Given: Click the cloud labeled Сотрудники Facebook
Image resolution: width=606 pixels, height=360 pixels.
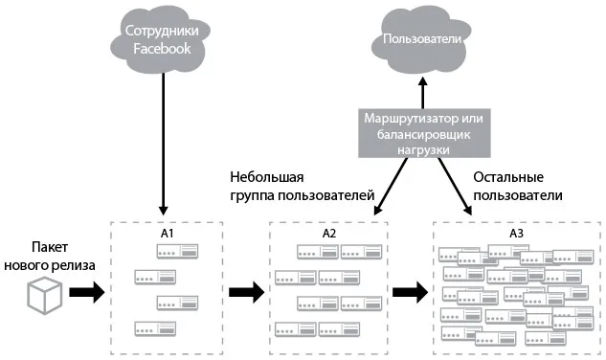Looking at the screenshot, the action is coord(161,39).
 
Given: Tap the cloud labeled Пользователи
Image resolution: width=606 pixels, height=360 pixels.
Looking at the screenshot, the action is coord(421,40).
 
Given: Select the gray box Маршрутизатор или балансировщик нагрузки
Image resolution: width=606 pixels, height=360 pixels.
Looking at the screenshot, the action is coord(424,133).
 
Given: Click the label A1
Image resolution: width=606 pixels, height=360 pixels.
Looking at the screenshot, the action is coord(167,234).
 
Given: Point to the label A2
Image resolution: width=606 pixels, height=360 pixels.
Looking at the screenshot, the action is coord(329,234).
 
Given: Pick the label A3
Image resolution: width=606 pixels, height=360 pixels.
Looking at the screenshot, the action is coord(516,234).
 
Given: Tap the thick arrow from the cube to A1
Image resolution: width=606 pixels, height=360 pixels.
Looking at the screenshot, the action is coord(87,292).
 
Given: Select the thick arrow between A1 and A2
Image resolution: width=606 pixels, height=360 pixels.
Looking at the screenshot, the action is coord(247,292).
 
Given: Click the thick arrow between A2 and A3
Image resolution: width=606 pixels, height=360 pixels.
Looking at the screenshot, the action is coord(410,292).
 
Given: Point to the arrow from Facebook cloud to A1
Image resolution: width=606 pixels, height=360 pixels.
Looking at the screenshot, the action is coord(163,144).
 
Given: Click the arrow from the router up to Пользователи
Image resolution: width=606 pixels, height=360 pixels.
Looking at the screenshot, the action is coord(423,93).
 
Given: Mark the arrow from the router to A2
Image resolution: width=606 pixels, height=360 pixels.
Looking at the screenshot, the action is coord(391,186).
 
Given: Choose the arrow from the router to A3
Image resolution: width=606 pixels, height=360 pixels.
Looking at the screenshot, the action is coord(455,186).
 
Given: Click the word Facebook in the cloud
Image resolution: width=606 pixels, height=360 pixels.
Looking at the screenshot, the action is coord(162,48).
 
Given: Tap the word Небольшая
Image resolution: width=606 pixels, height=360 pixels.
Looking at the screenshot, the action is coord(267,177).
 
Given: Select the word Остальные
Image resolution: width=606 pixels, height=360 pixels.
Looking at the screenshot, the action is coord(508,177).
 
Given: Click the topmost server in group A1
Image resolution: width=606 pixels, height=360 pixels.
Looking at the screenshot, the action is coord(177,252).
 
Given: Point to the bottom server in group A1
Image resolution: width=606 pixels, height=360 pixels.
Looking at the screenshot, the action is coord(155,329).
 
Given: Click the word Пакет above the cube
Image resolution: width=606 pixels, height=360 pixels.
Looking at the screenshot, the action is coord(50,247).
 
